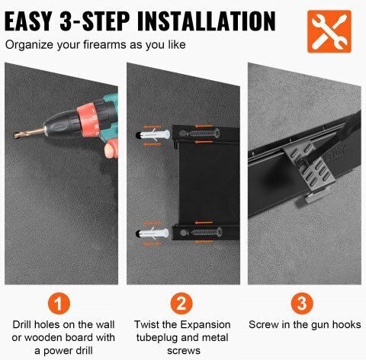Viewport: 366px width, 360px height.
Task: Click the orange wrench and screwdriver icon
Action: (x=329, y=31)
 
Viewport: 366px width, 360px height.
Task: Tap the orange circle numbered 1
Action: (x=59, y=304)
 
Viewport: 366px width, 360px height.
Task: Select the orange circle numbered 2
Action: (x=181, y=304)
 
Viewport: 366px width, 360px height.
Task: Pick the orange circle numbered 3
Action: (x=302, y=304)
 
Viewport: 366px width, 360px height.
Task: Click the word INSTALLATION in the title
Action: (x=207, y=21)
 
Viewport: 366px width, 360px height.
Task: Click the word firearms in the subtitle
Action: (x=104, y=45)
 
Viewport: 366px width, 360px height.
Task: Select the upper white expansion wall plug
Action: (x=154, y=135)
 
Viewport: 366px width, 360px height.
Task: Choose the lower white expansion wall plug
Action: (x=153, y=233)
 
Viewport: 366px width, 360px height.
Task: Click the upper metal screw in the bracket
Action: (x=204, y=133)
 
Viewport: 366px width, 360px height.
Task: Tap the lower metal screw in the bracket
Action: (x=206, y=232)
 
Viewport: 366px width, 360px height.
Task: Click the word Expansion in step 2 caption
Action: (x=205, y=325)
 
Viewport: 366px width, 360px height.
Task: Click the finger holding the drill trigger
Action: (x=109, y=150)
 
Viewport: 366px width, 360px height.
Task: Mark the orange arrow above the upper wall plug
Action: (x=152, y=127)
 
